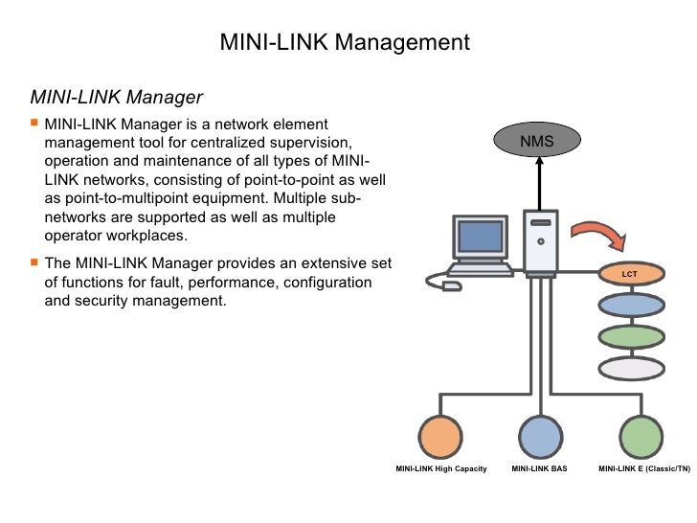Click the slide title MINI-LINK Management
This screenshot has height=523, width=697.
pyautogui.click(x=346, y=42)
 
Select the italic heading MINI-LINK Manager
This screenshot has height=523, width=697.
pyautogui.click(x=117, y=97)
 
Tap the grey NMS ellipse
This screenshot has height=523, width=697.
pyautogui.click(x=537, y=143)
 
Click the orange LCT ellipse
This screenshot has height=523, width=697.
pyautogui.click(x=630, y=274)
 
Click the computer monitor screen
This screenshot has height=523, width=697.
pyautogui.click(x=478, y=237)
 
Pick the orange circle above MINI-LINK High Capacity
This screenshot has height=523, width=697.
pyautogui.click(x=442, y=437)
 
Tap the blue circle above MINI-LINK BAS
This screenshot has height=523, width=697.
pyautogui.click(x=539, y=437)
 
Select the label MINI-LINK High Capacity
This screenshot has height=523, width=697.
pyautogui.click(x=441, y=469)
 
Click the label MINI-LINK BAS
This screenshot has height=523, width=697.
pyautogui.click(x=539, y=469)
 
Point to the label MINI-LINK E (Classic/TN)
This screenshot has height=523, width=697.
pyautogui.click(x=643, y=469)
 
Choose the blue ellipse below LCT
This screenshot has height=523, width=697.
pyautogui.click(x=630, y=306)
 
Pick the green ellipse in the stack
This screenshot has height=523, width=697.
pyautogui.click(x=630, y=337)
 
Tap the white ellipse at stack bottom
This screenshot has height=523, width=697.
pyautogui.click(x=630, y=369)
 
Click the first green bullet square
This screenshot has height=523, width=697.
pyautogui.click(x=35, y=125)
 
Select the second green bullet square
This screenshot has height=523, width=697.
pyautogui.click(x=35, y=262)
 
